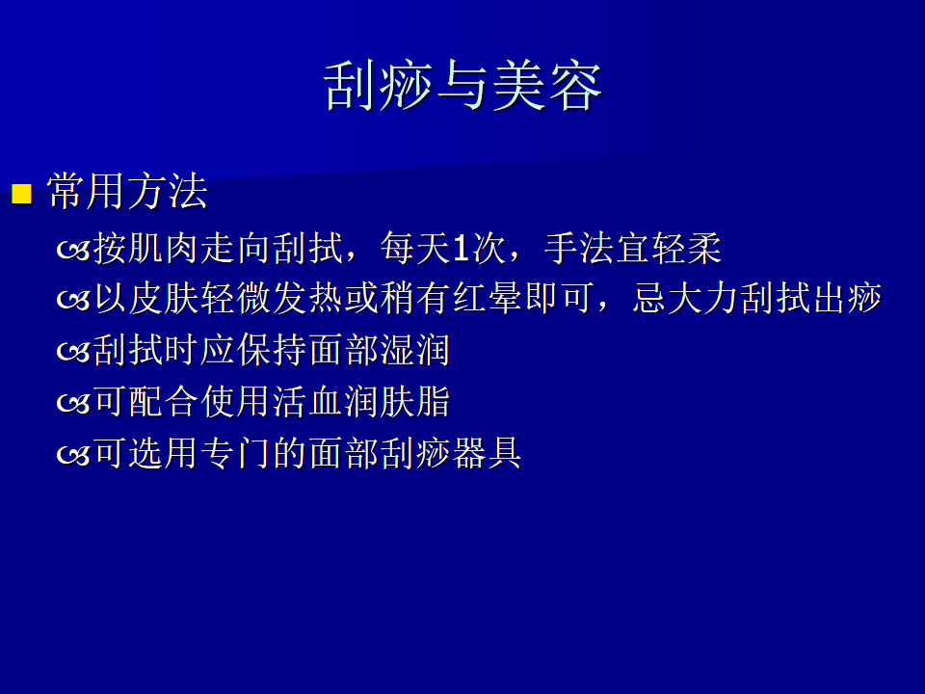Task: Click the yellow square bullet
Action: (22, 194)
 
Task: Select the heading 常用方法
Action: (127, 191)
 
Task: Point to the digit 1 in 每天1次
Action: (462, 249)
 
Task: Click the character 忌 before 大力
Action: (650, 298)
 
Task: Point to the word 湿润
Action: (415, 350)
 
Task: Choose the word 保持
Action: (272, 350)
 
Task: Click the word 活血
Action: (307, 402)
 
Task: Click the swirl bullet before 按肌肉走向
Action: (73, 251)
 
